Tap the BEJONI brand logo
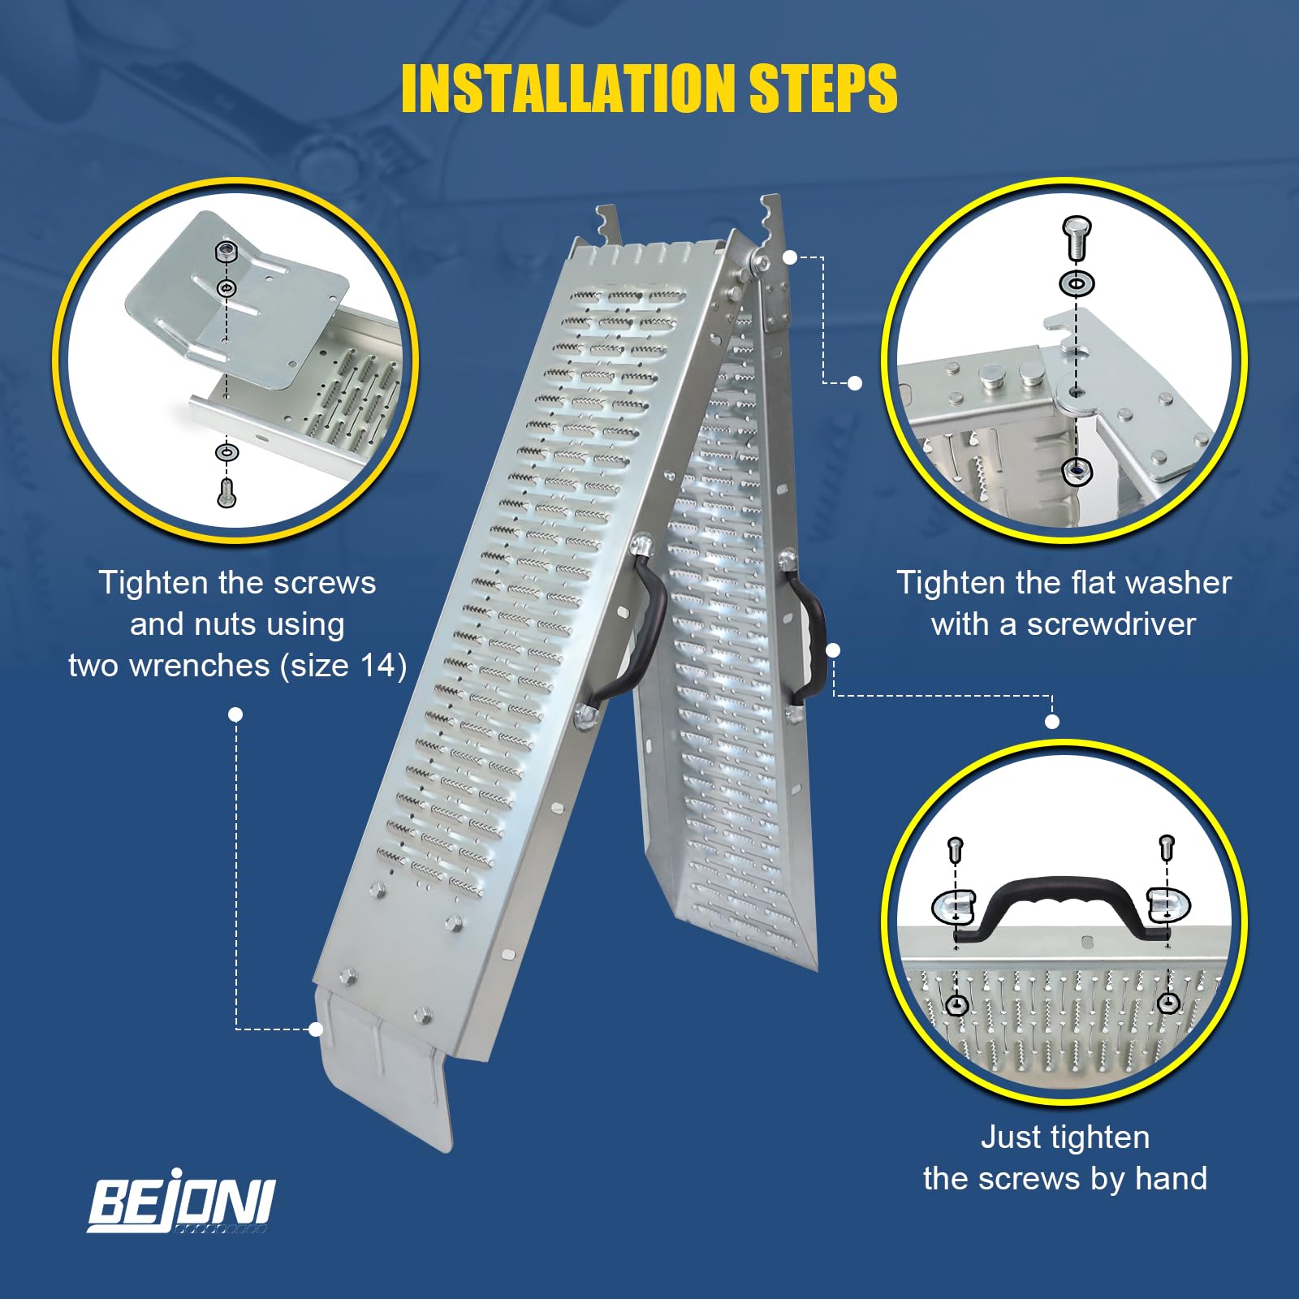point(181,1204)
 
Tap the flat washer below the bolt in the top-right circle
point(1077,283)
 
